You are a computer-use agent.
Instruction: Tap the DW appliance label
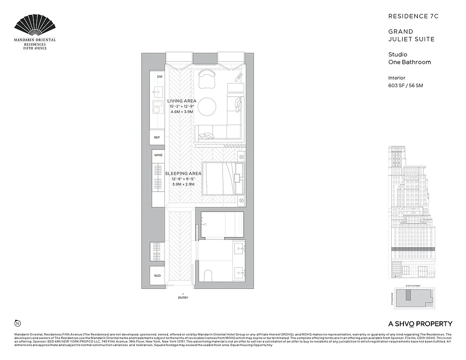tap(159, 77)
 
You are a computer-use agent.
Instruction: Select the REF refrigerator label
tap(157, 137)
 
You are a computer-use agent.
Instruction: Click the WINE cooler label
tap(158, 155)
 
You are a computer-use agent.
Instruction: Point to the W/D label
tap(157, 276)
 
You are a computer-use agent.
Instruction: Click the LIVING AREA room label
tap(181, 101)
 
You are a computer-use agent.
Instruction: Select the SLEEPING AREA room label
tap(183, 174)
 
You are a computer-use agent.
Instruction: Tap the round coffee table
tap(207, 106)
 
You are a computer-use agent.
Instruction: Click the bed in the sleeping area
tap(222, 178)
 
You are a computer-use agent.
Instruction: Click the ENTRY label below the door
tap(183, 297)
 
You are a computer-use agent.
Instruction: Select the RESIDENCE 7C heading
tap(413, 16)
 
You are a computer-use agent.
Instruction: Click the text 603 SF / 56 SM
tap(406, 85)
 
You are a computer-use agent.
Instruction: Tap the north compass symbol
tap(18, 323)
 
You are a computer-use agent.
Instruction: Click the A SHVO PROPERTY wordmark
tap(420, 324)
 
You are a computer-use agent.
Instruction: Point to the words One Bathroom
tap(409, 62)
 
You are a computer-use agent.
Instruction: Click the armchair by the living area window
tap(207, 78)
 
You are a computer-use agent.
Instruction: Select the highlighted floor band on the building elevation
tap(412, 249)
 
